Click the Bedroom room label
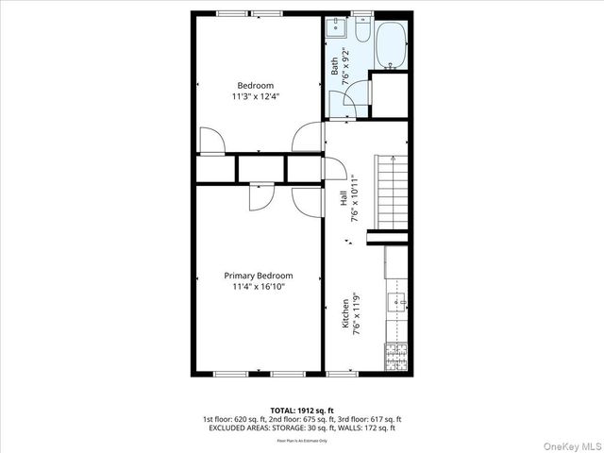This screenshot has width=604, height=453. tap(255, 85)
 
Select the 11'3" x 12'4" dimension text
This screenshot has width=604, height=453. tap(255, 96)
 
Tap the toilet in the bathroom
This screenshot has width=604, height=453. tap(363, 33)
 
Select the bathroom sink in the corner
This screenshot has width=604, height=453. tap(336, 29)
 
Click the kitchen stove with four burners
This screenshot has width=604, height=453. tap(395, 356)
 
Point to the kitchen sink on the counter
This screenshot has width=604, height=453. tap(397, 302)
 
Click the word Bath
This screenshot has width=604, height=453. tap(334, 66)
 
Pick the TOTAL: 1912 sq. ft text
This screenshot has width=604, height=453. tap(301, 411)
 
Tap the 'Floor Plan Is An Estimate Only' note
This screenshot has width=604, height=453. tap(301, 440)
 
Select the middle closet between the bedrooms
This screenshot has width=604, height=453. tap(260, 167)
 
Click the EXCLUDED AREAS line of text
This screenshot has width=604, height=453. tap(301, 428)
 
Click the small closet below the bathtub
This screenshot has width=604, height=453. tap(388, 94)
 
